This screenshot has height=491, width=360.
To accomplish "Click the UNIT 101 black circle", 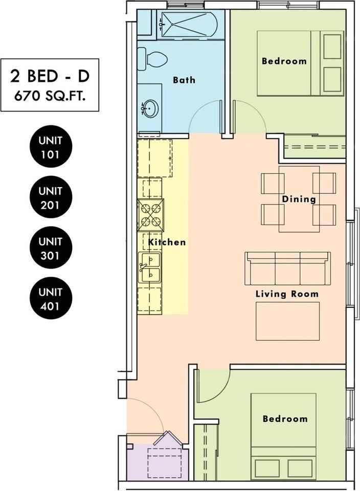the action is (51, 147).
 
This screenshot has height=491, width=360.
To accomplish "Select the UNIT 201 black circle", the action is (51, 197).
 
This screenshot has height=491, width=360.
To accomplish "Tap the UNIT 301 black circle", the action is (51, 248).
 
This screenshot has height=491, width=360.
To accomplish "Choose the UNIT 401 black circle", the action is (51, 298).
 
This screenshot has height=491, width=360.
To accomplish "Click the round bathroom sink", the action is (150, 109).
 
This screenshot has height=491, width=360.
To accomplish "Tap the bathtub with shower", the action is (190, 24).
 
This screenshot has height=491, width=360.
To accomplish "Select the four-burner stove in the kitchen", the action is (150, 215).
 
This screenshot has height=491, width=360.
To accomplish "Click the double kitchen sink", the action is (150, 267).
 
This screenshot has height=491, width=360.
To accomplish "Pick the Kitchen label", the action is (167, 242).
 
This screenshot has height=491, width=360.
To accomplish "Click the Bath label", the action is (184, 80).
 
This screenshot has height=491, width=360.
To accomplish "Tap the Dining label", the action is (299, 199).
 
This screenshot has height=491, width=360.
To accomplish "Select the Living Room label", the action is (287, 294).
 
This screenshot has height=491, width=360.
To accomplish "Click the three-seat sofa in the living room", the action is (288, 269).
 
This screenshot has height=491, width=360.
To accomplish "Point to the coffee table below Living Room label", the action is (288, 321).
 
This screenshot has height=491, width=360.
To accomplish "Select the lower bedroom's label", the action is (285, 419).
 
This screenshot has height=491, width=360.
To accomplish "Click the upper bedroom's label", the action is (284, 61).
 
